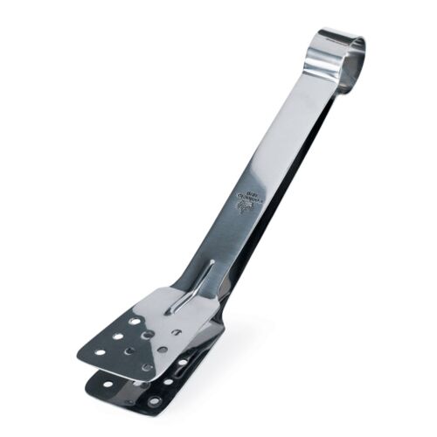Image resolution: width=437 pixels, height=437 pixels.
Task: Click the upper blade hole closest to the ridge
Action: (176, 333)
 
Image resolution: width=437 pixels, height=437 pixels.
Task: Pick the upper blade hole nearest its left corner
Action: (100, 352)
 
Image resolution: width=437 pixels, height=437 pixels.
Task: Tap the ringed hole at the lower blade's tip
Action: (155, 401)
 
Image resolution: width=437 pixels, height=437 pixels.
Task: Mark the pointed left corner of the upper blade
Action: (79, 356)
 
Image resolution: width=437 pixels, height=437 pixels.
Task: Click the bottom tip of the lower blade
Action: (157, 410)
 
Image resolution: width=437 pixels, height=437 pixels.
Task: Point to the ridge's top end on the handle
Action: (212, 262)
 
